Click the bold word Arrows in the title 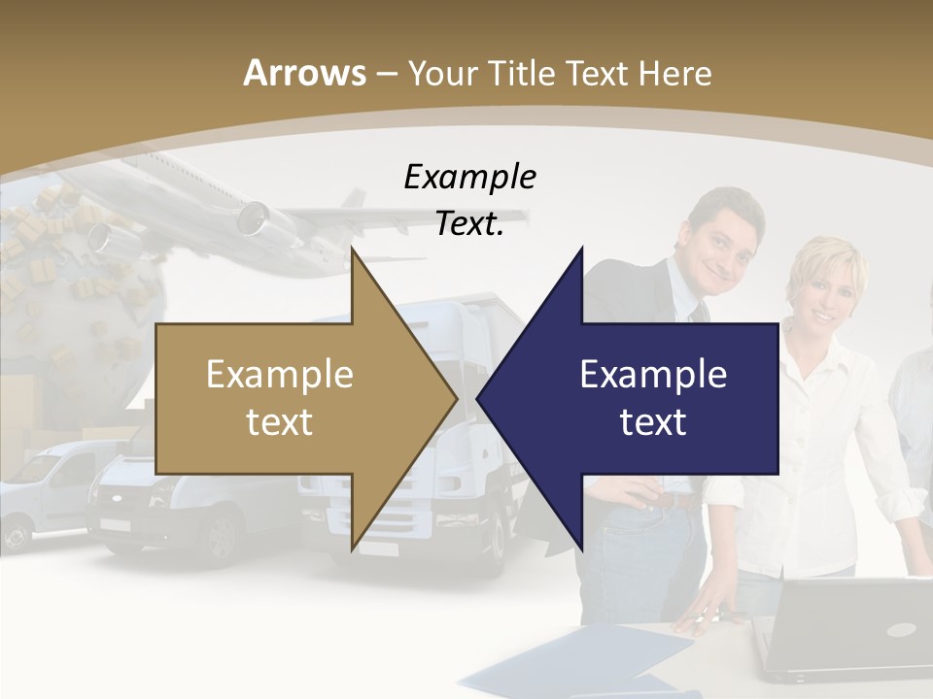[303, 73]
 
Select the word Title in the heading [521, 73]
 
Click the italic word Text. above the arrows [469, 223]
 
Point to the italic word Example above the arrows [469, 177]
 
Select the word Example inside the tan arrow [280, 375]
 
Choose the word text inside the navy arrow [653, 421]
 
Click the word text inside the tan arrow [280, 421]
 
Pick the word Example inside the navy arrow [653, 375]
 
